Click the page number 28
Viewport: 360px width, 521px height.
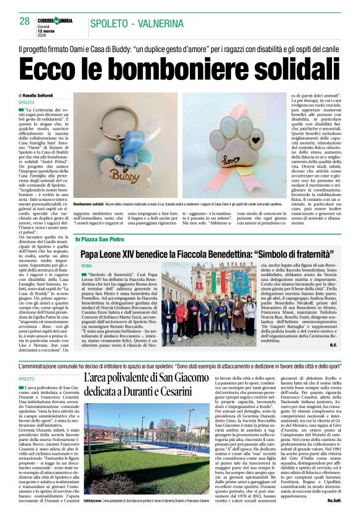coord(25,21)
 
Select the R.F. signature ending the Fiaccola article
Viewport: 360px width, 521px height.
coord(333,344)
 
